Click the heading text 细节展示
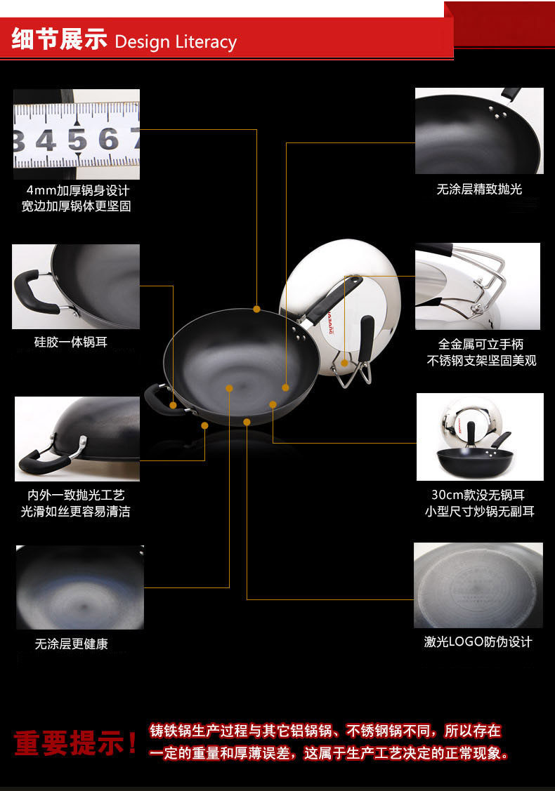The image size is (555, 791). coord(58,40)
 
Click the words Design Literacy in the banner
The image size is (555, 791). coord(175,41)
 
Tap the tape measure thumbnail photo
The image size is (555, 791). coord(76,134)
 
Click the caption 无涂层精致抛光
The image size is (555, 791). coord(479,189)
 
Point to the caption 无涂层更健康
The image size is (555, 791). coord(72,644)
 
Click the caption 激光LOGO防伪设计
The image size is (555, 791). coord(478,642)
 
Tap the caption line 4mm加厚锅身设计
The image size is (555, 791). coord(77,190)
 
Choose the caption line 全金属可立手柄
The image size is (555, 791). coord(481,344)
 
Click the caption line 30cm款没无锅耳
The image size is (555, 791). coord(478,495)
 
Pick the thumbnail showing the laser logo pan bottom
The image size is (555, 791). coord(478,585)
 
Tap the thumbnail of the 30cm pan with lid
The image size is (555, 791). coord(479,437)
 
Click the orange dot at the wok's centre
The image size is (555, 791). coord(229,387)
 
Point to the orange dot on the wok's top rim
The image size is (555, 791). coord(256,309)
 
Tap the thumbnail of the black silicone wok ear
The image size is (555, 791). coord(76,286)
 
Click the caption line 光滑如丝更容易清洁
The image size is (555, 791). coord(75,512)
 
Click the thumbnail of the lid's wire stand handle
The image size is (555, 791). coord(478,286)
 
